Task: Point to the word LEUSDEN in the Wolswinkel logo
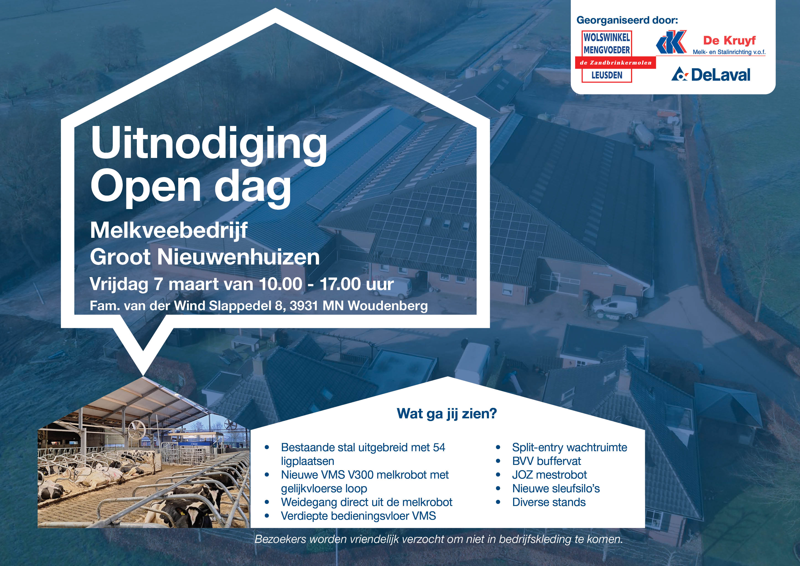[607, 75]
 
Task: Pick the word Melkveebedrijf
[169, 231]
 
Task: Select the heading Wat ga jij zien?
[447, 414]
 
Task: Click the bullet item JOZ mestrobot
[549, 475]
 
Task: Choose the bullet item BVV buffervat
[546, 461]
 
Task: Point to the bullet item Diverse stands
[549, 502]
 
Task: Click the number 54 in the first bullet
[439, 447]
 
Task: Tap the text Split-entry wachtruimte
[569, 447]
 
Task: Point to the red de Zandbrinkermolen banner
[615, 63]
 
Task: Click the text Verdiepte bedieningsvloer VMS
[358, 516]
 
